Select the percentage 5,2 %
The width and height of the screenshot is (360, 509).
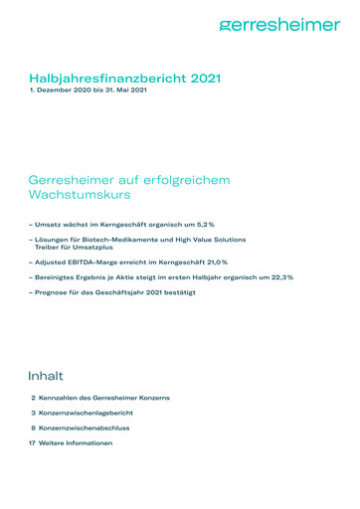[x=203, y=225]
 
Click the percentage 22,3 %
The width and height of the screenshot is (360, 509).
[x=280, y=276]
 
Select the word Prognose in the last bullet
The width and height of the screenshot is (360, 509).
[x=52, y=293]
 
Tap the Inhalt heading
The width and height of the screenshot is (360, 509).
[x=46, y=376]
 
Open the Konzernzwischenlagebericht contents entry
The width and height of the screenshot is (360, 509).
[x=90, y=412]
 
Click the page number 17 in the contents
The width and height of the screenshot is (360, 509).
[x=32, y=442]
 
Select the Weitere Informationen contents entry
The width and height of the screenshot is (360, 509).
[x=76, y=442]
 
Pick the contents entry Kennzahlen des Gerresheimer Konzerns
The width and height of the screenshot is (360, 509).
[x=104, y=397]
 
